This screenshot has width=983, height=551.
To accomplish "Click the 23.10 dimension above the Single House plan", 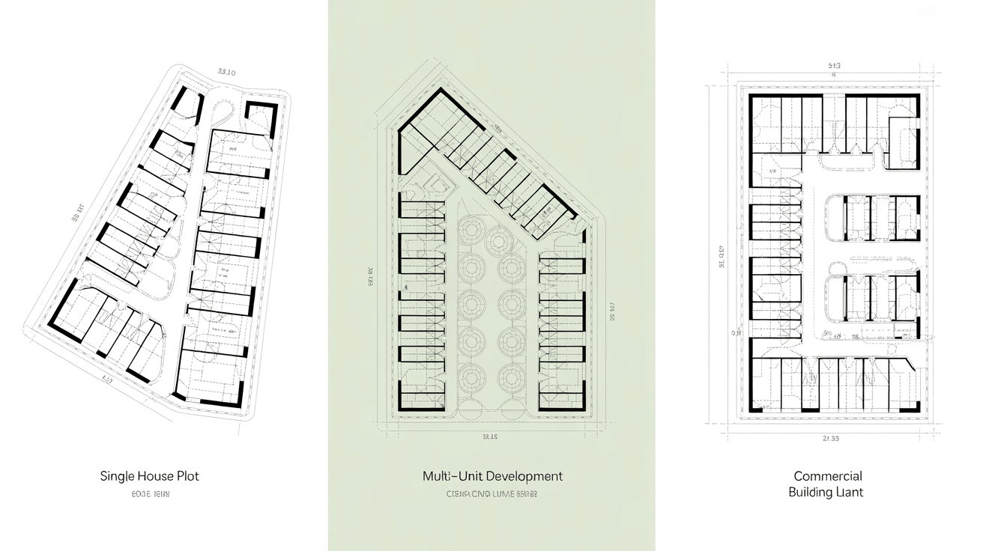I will click(x=226, y=73).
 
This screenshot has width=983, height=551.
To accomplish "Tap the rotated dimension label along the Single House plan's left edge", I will click(x=77, y=213).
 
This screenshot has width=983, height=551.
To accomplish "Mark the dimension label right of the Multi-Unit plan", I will click(x=612, y=311).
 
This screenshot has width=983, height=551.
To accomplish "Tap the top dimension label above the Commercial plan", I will click(x=834, y=66).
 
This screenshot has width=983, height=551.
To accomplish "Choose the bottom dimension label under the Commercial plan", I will click(x=830, y=438).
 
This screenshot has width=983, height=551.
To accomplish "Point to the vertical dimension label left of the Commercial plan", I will click(x=722, y=257).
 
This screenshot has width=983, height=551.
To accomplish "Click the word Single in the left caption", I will click(x=117, y=476).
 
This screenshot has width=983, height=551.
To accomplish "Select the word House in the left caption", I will click(x=157, y=476).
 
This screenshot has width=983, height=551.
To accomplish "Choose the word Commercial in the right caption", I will click(x=828, y=476).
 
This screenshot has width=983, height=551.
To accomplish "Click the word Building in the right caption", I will click(x=810, y=493).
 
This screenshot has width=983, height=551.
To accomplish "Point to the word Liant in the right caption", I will click(x=849, y=493).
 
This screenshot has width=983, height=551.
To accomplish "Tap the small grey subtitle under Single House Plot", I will click(x=150, y=494).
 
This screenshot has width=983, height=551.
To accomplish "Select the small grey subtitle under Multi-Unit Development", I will click(x=491, y=494).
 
